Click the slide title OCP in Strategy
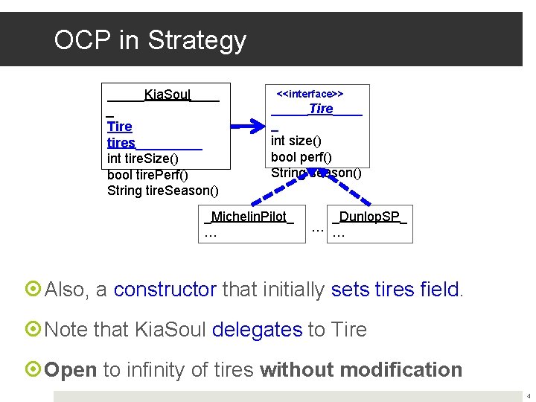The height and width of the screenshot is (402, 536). point(150,39)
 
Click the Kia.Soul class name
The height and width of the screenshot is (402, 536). point(167,94)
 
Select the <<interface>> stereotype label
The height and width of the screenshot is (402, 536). point(310,94)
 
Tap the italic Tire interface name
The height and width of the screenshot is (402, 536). point(321,109)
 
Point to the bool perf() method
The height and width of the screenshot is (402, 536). point(301,157)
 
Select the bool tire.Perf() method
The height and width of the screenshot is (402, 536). point(147,175)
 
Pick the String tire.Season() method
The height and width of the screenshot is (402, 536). point(163,191)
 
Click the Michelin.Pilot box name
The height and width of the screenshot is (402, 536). point(249,217)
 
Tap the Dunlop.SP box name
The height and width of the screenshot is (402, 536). point(370,217)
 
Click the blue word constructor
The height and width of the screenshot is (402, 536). point(165,290)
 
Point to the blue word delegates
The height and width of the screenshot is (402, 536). point(257,329)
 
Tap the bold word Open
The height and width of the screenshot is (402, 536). point(71,369)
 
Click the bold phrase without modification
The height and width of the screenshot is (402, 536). point(361,369)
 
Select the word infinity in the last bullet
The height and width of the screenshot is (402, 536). point(160,369)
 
